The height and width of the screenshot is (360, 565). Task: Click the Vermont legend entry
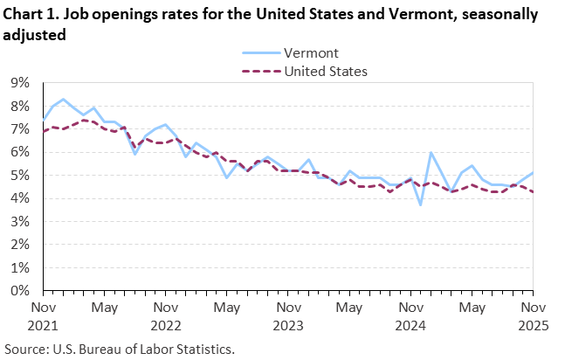tap(305, 53)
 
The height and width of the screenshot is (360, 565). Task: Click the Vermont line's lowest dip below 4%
tap(421, 204)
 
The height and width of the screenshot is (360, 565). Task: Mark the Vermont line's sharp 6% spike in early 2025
tap(431, 153)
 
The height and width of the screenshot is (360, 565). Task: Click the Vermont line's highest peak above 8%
tap(63, 99)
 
